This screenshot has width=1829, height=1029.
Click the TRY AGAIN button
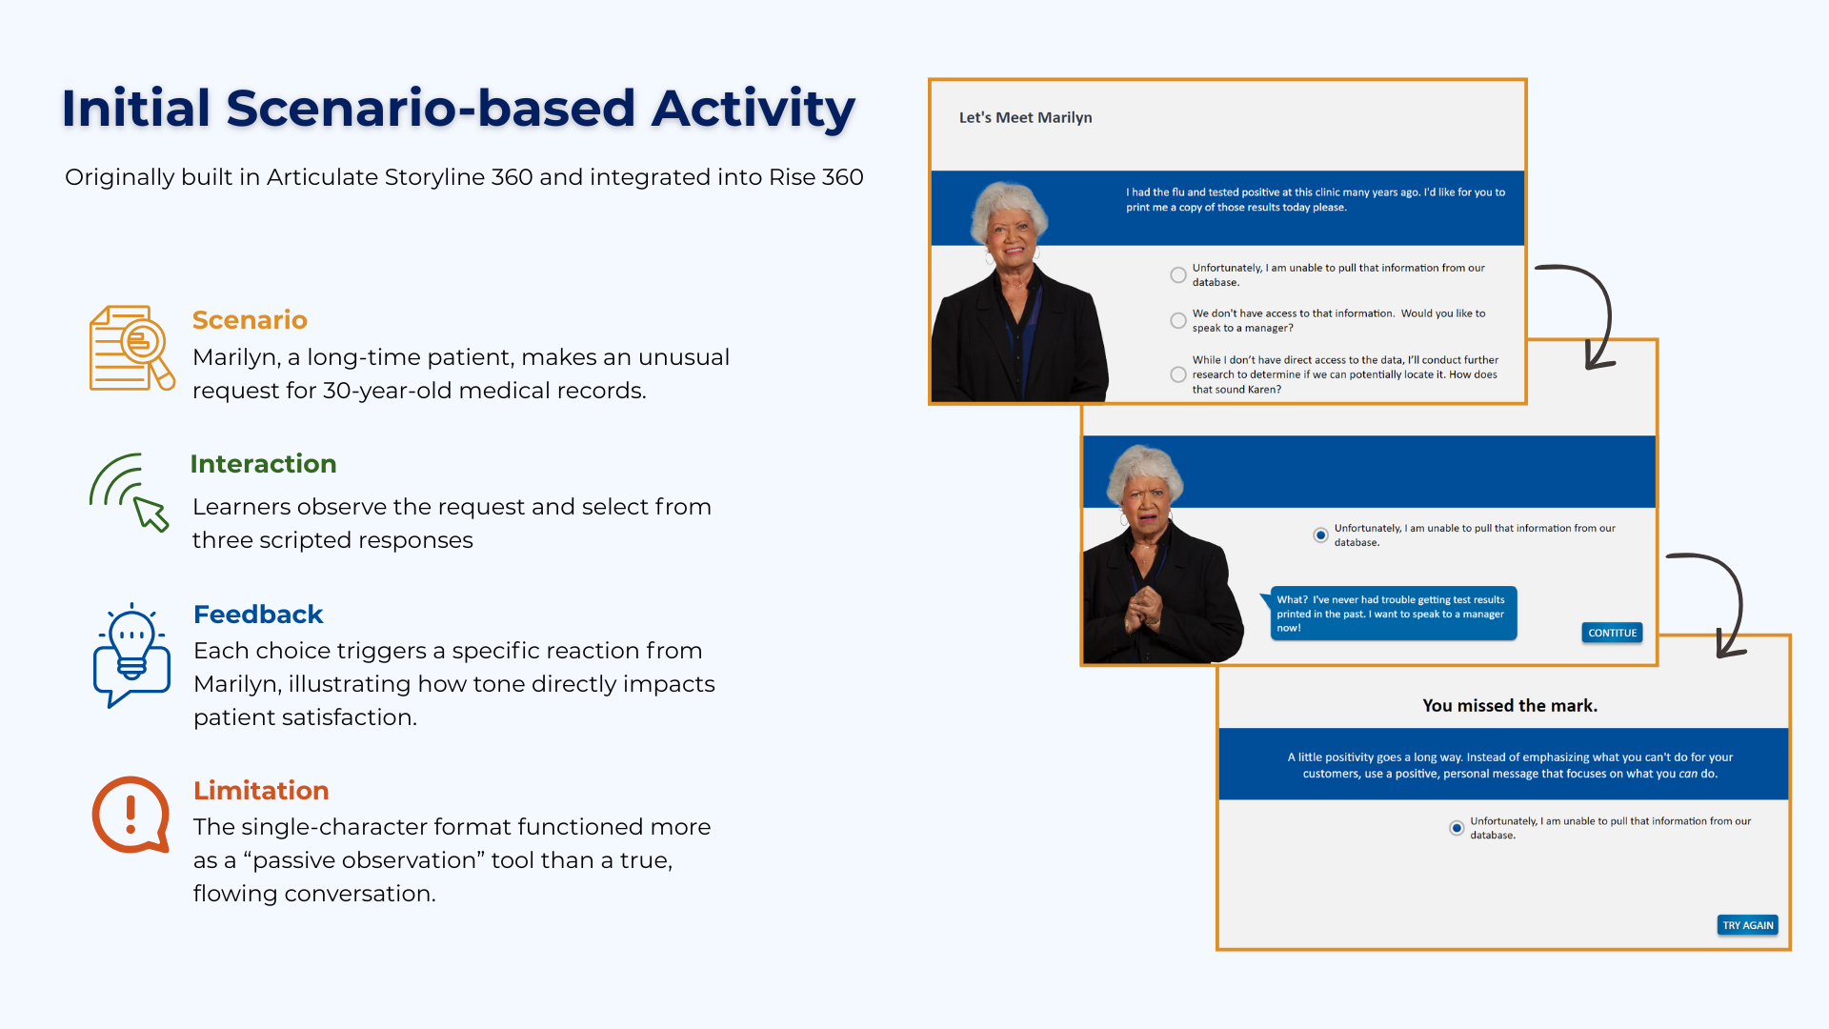coord(1747,925)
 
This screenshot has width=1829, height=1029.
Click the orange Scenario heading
coord(250,320)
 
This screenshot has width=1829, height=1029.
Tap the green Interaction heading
coord(263,464)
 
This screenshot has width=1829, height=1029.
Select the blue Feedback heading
coord(258,615)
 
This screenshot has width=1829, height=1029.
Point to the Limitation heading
coord(261,791)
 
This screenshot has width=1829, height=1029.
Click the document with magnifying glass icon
coord(131,348)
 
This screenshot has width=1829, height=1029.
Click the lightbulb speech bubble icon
coord(131,656)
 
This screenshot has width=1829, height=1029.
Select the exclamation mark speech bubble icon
coord(131,815)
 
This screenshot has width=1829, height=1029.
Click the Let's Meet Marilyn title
coord(1025,117)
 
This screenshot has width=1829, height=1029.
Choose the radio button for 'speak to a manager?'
coord(1178,321)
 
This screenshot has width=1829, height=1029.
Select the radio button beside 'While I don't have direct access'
coord(1178,374)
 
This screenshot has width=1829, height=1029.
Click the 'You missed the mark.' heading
coord(1510,706)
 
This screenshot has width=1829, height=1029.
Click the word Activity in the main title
coord(754,108)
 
